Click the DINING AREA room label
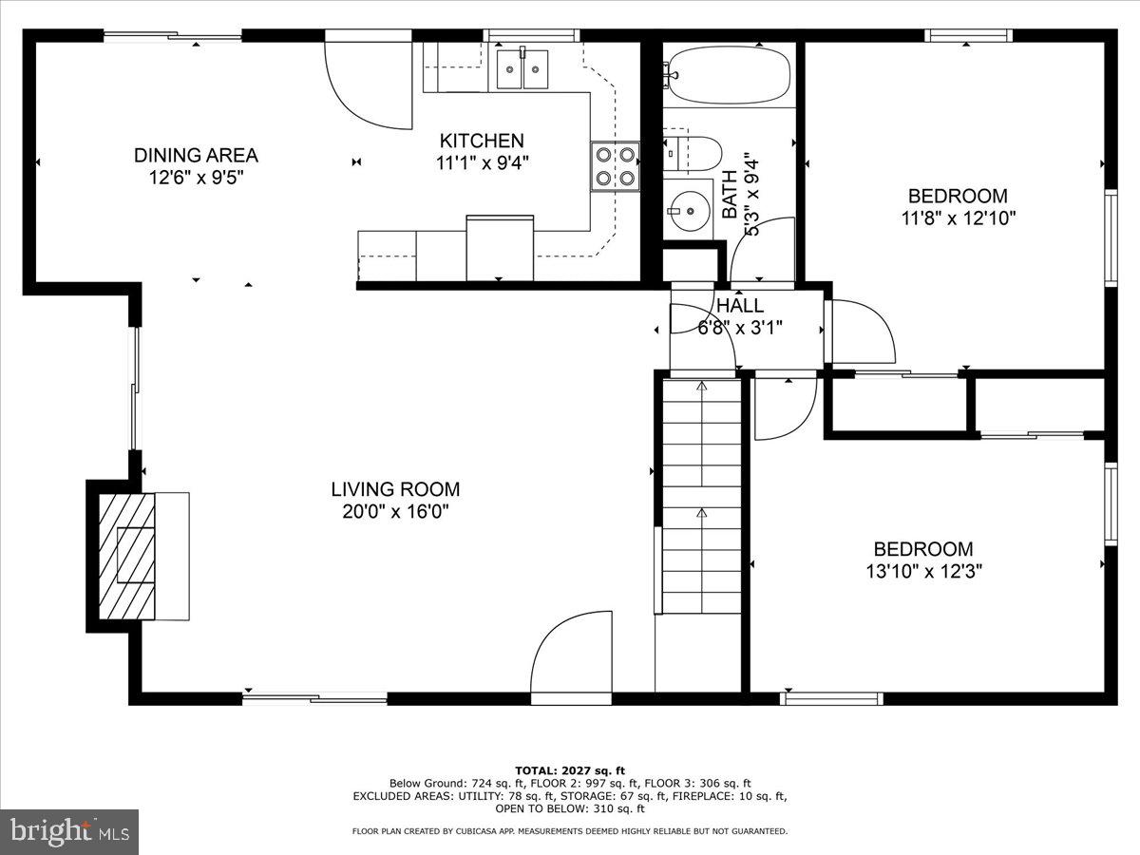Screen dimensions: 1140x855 pos(196,155)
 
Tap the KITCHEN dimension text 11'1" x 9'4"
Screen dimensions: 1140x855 pos(482,163)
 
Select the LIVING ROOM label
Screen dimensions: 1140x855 pos(395,489)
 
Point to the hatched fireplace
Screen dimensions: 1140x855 pos(126,556)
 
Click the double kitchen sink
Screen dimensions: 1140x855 pos(522,69)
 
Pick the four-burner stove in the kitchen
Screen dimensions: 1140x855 pos(615,166)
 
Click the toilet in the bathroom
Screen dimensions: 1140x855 pos(693,154)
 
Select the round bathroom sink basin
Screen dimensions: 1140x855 pos(689,210)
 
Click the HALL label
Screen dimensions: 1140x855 pos(740,306)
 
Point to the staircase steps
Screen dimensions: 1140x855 pos(702,496)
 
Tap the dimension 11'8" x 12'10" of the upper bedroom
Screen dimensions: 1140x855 pos(959,218)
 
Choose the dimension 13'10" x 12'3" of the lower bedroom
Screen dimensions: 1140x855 pos(924,572)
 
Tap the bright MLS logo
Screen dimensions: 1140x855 pos(69,831)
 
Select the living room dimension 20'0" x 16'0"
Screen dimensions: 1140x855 pos(395,512)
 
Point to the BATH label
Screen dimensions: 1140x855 pos(730,194)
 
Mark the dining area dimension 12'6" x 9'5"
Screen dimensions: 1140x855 pos(197,178)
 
